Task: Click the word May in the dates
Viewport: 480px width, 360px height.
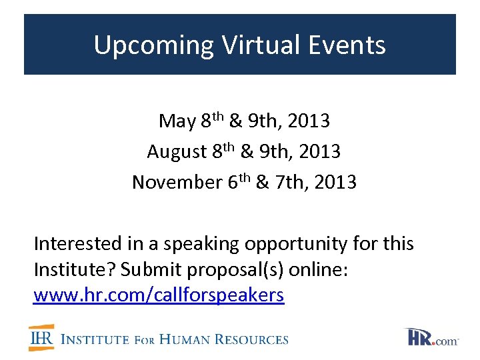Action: point(176,121)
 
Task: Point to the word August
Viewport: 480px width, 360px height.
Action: point(177,152)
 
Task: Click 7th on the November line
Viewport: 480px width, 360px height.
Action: point(280,181)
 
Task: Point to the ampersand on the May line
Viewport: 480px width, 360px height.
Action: point(235,121)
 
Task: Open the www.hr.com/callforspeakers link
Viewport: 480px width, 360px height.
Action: point(159,295)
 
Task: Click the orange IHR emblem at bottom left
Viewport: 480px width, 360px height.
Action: point(41,338)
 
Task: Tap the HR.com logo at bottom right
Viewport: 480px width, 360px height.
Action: point(431,337)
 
